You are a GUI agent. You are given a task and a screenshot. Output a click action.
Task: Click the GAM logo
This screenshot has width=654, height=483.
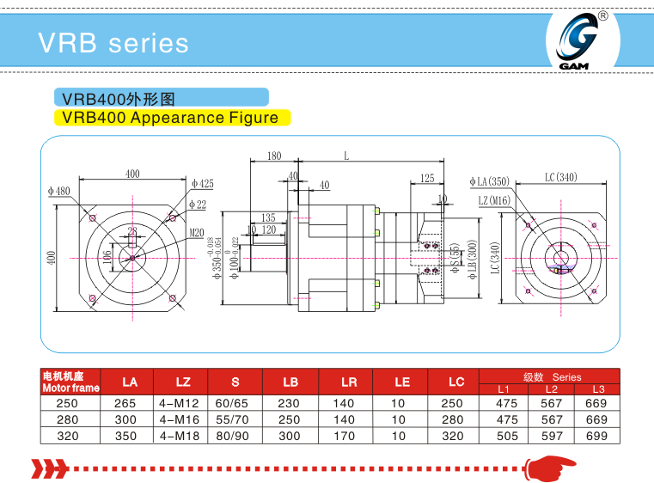point(581,40)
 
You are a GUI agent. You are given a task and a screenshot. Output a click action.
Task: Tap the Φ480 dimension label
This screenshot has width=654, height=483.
point(59,191)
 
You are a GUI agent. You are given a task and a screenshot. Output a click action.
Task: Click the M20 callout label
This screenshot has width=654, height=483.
point(197,233)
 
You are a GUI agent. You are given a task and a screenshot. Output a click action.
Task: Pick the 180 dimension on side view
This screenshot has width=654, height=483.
point(274,156)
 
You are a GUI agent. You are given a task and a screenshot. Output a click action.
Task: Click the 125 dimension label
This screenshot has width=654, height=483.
point(426,179)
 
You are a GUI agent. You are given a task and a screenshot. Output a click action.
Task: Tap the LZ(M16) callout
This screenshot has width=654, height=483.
point(494,200)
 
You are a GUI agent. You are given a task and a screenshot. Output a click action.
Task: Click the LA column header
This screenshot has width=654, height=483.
point(130,382)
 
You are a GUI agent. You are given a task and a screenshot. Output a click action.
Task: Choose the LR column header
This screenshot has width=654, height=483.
point(348,382)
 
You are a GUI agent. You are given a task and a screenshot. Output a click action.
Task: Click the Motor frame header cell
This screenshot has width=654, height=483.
point(70,382)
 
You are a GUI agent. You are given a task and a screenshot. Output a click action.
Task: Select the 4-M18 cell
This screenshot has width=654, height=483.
point(180,436)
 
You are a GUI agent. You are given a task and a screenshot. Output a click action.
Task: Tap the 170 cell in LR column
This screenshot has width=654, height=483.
point(344,436)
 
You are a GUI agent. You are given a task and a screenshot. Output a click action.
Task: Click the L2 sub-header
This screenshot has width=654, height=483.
point(552,390)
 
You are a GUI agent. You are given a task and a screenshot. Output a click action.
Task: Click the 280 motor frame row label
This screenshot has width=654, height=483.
point(67,419)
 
